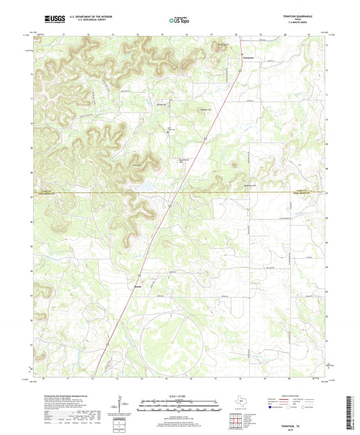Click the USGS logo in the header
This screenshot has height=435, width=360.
(53, 20)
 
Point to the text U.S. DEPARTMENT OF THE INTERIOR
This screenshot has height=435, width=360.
(86, 18)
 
